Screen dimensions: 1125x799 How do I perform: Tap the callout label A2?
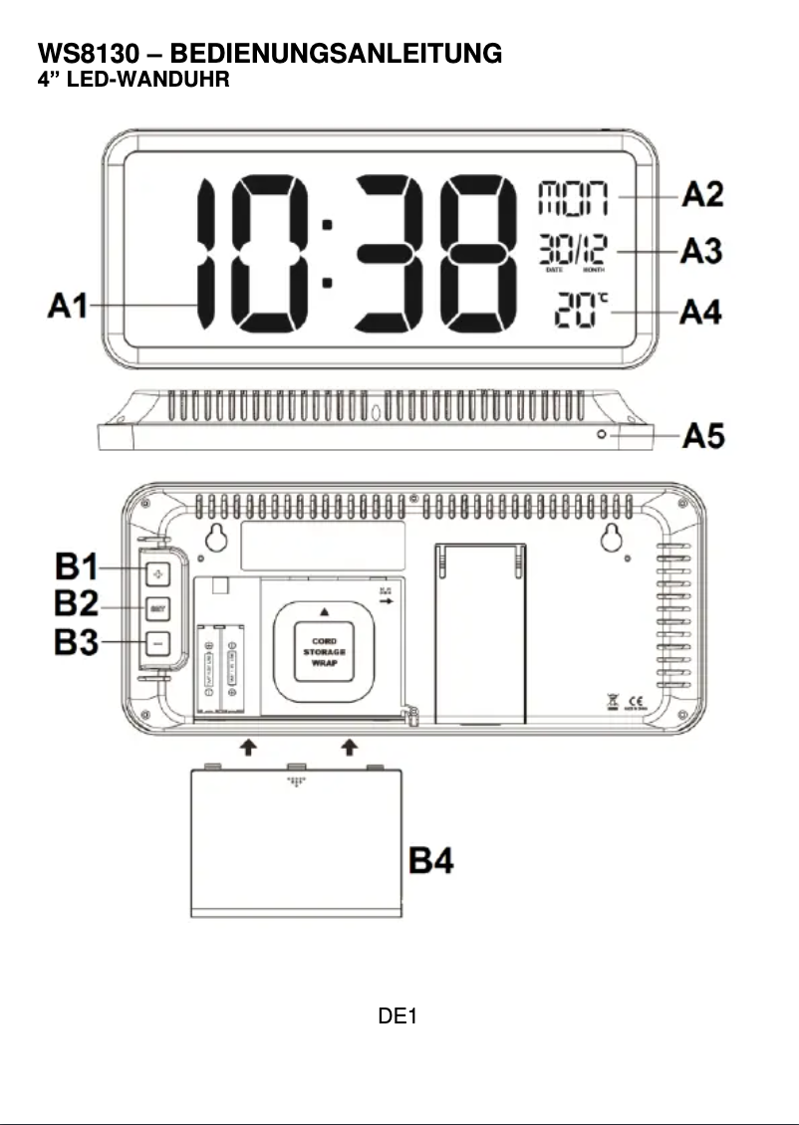tap(701, 196)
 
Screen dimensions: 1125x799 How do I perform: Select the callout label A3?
tap(701, 253)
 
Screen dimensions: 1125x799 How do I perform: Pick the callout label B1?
tap(76, 570)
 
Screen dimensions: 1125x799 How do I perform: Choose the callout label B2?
tap(76, 605)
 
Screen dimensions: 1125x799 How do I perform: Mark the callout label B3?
tap(76, 641)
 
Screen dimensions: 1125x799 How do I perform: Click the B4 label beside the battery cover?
tap(433, 859)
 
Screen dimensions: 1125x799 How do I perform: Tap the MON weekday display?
tap(573, 197)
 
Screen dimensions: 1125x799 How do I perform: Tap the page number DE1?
tap(398, 1016)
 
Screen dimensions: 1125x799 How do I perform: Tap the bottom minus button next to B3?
tap(157, 642)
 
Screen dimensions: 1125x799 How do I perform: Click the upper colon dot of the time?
tap(327, 226)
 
